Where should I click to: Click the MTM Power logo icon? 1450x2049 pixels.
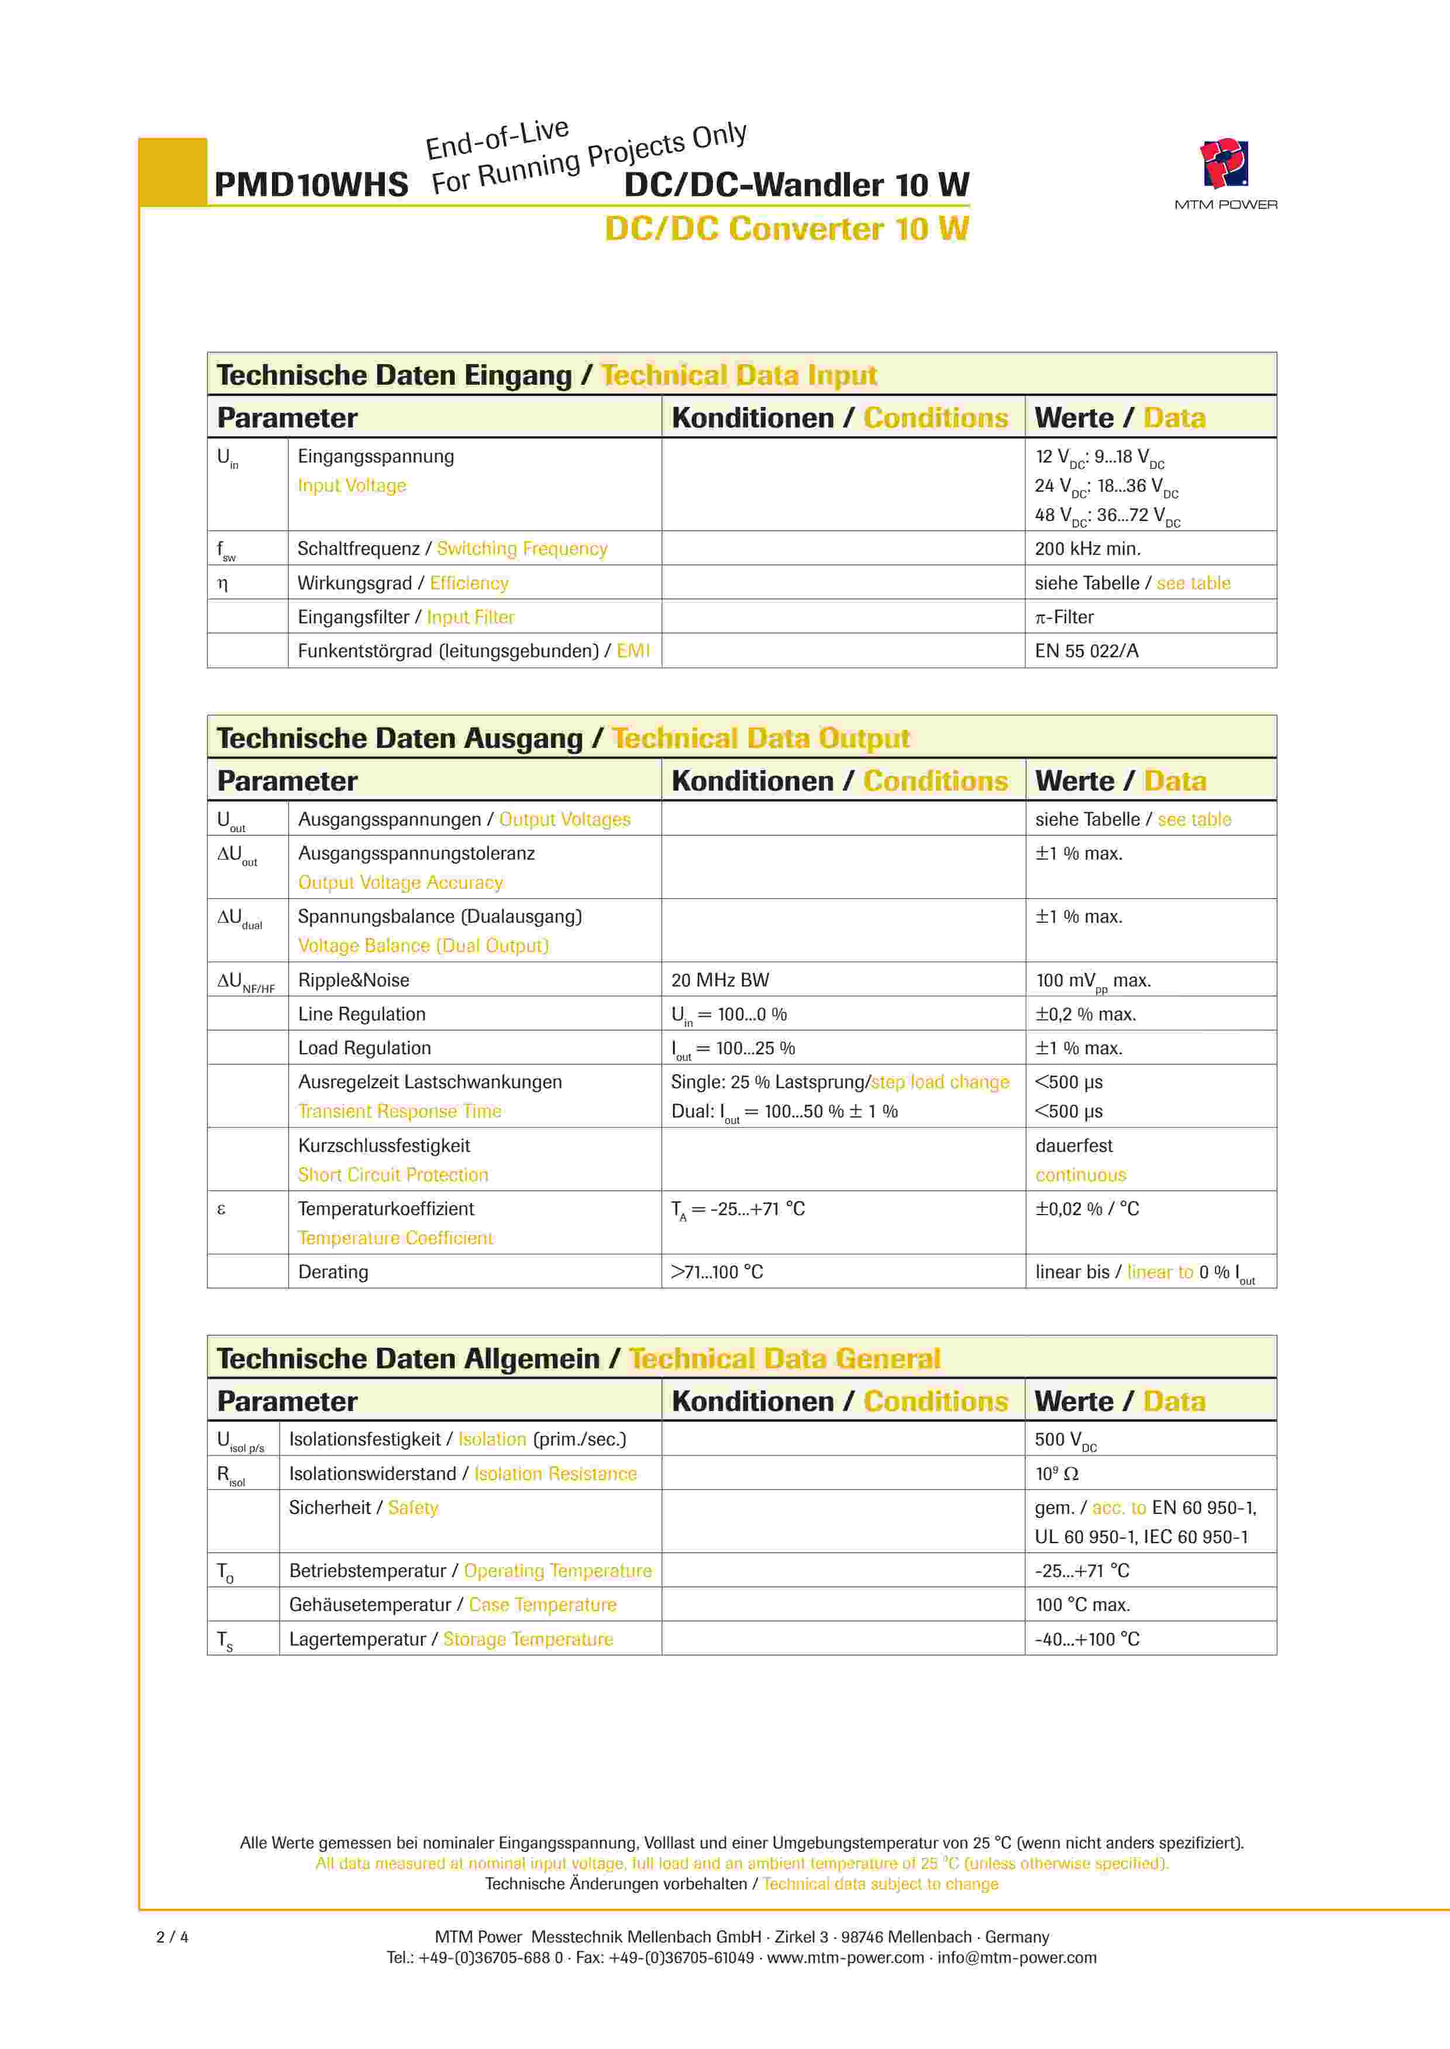1224,163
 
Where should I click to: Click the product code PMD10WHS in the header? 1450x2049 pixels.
311,185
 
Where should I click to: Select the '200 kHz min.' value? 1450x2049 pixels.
1087,549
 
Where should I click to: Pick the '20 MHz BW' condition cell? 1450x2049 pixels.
719,980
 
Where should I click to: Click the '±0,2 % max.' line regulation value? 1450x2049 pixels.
1085,1014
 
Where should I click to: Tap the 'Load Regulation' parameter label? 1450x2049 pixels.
364,1048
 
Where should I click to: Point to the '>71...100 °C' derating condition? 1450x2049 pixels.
717,1272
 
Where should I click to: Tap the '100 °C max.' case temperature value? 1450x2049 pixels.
1082,1605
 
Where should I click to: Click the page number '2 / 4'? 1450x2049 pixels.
173,1937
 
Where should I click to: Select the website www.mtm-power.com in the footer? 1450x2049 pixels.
846,1957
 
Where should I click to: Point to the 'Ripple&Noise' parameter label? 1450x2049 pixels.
353,980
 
